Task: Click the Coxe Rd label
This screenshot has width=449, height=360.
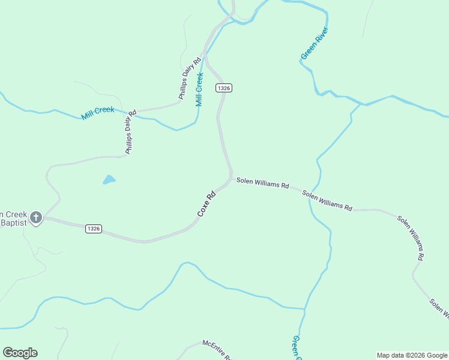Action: (206, 204)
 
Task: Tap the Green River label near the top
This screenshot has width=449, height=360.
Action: (314, 43)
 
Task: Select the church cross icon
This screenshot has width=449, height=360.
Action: (36, 217)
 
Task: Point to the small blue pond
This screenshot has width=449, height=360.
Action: (109, 179)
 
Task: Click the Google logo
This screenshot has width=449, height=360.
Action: (20, 353)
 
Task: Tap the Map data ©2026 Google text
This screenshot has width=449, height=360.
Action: (411, 355)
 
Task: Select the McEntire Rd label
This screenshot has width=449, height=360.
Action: (217, 350)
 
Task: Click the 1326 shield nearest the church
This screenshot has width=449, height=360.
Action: (93, 229)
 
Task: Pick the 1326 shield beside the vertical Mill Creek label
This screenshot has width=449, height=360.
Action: (224, 88)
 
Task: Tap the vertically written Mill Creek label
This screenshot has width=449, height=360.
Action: (200, 89)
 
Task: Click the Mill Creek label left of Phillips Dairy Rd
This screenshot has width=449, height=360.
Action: (97, 113)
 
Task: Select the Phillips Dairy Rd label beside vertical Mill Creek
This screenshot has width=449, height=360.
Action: (189, 79)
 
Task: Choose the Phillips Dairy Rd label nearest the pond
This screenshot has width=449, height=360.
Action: (128, 132)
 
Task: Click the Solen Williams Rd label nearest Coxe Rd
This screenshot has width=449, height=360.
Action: (262, 182)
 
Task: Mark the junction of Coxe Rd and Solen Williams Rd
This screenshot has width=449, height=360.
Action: (231, 179)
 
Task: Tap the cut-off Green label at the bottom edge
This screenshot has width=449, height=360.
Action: (295, 348)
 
